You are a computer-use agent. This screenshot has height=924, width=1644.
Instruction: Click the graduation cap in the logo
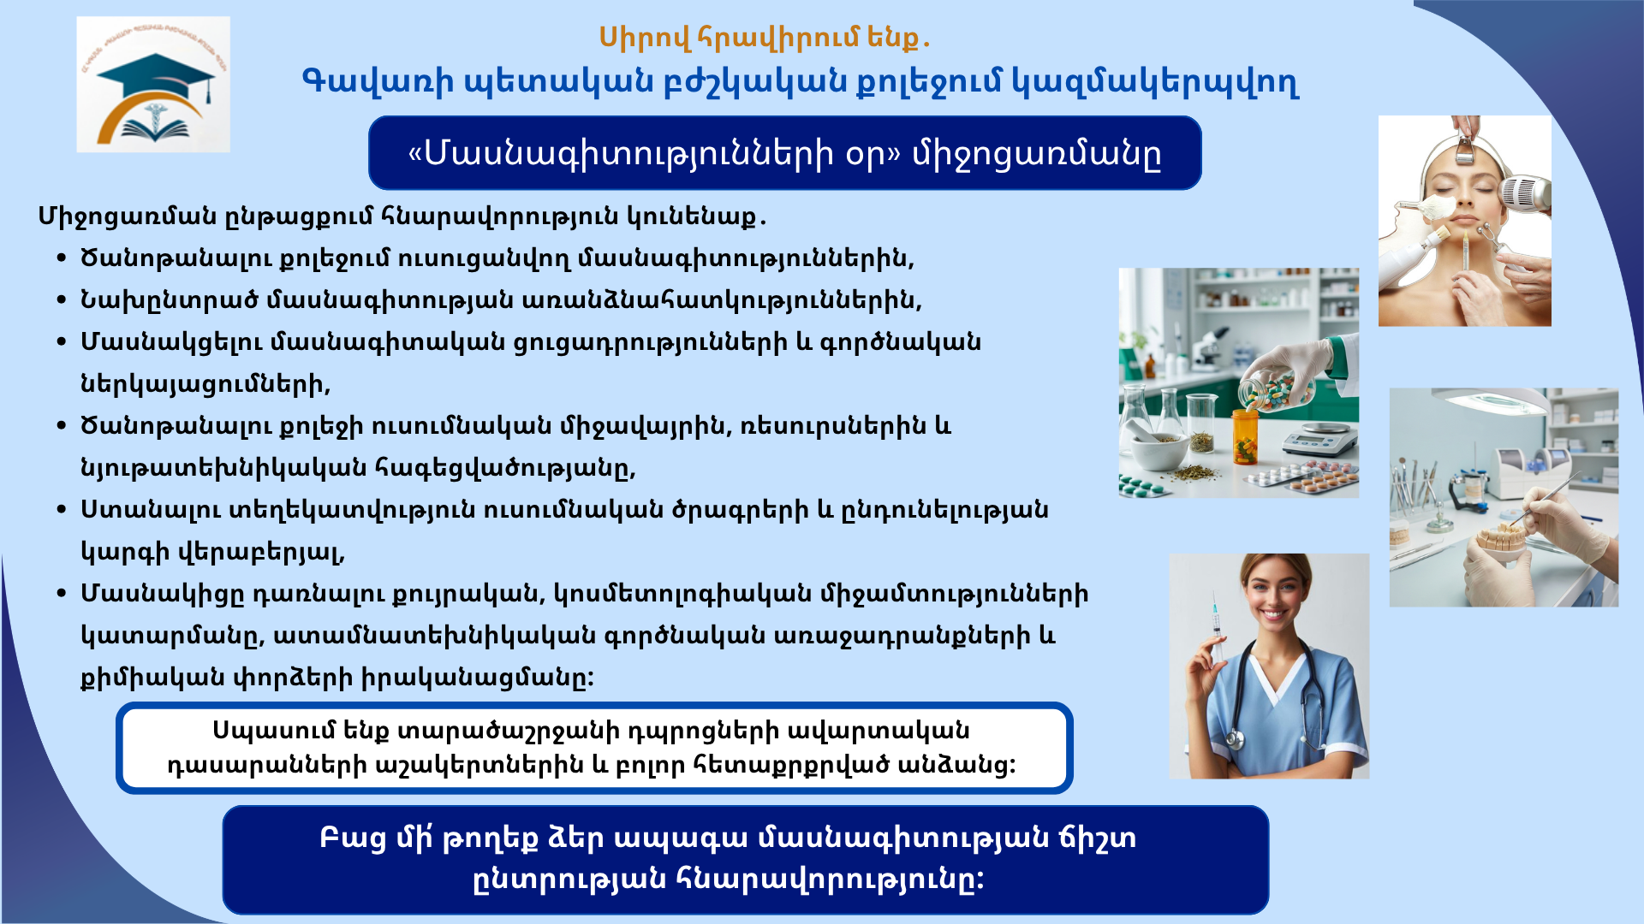[x=155, y=76]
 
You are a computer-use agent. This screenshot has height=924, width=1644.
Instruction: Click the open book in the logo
[x=155, y=130]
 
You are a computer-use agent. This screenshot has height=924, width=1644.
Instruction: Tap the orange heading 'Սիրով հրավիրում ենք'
[x=763, y=38]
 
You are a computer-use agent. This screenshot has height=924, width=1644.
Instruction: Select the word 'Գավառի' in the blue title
[x=378, y=82]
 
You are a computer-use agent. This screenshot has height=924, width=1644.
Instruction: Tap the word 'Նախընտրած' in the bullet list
[x=169, y=300]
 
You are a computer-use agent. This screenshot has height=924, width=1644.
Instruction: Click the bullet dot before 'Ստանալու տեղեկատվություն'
[x=61, y=510]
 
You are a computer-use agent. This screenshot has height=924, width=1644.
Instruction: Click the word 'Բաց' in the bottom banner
[x=353, y=839]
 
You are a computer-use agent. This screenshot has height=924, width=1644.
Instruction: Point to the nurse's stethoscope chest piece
[x=1233, y=737]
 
